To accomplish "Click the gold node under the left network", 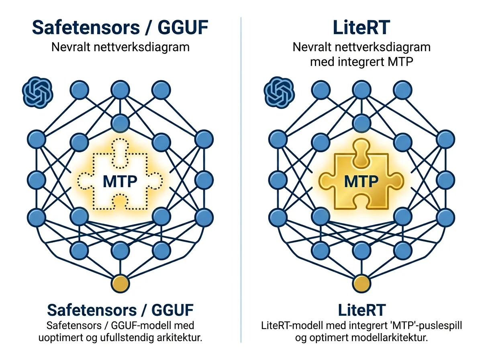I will click(x=120, y=284).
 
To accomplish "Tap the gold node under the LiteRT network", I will click(x=362, y=284).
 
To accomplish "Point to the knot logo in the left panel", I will click(x=37, y=92).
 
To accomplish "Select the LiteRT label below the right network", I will click(x=361, y=310).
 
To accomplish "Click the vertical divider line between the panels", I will click(x=241, y=181).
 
